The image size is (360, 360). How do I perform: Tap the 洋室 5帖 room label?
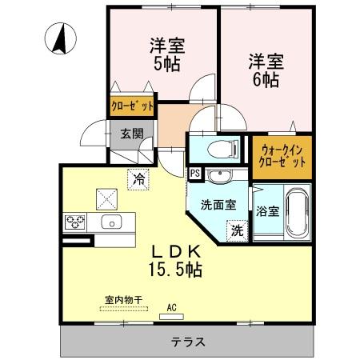[x=166, y=54]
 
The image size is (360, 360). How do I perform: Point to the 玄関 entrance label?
[x=130, y=134]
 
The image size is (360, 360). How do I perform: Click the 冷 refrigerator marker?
[x=138, y=179]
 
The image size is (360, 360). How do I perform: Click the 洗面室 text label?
[x=218, y=204]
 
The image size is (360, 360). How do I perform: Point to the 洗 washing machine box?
[x=237, y=230]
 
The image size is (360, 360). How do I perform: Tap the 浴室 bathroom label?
[x=268, y=212]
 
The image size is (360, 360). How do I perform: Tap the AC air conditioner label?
[x=171, y=306]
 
